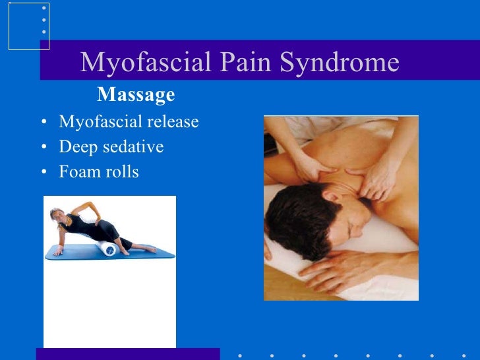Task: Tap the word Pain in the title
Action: tap(242, 63)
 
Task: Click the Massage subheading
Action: tap(136, 95)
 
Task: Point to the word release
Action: tap(172, 122)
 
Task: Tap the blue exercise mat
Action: tap(73, 251)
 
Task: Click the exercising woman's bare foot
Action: tap(150, 250)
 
